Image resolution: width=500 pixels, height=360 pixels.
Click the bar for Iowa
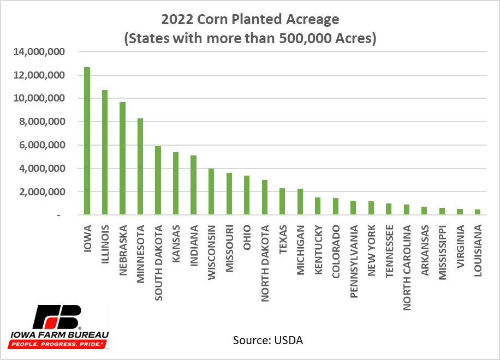[x=87, y=141]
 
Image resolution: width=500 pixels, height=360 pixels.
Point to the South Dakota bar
[x=158, y=181]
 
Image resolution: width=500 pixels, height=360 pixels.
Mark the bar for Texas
[x=282, y=202]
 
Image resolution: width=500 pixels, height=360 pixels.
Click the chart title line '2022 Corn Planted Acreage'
[x=251, y=20]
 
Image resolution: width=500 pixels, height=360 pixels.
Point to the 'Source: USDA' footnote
[x=267, y=340]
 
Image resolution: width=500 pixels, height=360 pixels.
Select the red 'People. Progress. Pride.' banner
[x=57, y=345]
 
